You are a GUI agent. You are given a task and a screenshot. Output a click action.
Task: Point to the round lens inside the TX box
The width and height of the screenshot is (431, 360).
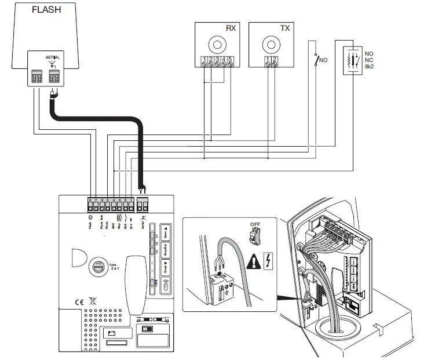(x=270, y=45)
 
